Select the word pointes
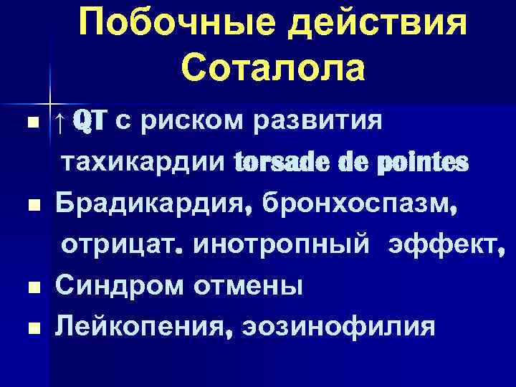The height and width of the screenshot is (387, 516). coord(427,163)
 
